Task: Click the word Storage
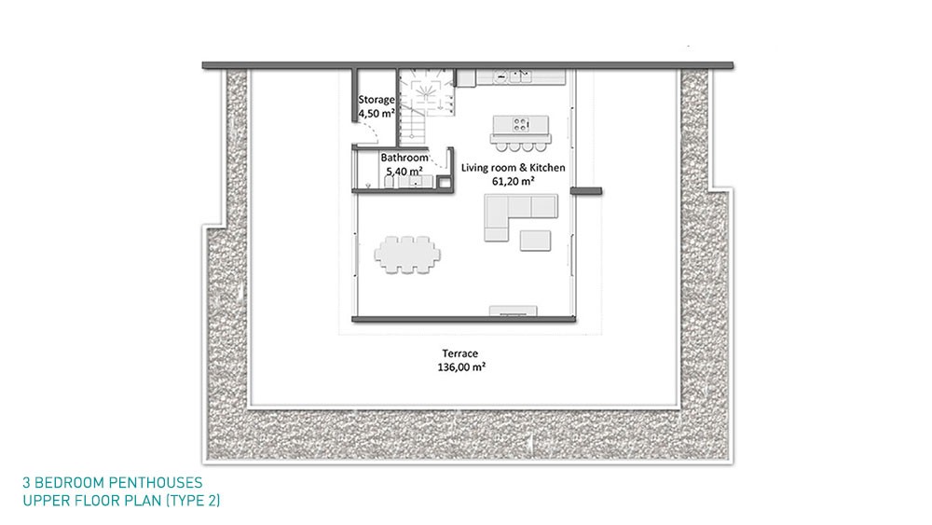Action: [x=377, y=100]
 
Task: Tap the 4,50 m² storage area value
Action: [x=377, y=114]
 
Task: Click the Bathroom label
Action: [x=404, y=158]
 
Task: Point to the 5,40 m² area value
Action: [x=404, y=172]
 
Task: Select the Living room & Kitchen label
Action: [x=513, y=168]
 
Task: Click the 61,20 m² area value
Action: [x=513, y=181]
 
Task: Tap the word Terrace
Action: [x=460, y=353]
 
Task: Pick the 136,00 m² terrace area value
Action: [x=461, y=366]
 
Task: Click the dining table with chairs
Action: [x=407, y=256]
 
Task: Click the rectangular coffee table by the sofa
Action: [x=535, y=241]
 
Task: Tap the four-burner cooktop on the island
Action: [x=521, y=124]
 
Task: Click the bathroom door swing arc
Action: [x=438, y=161]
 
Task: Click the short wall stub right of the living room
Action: [x=586, y=191]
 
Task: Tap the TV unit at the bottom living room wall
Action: [x=513, y=311]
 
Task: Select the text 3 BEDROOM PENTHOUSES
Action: [x=113, y=482]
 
